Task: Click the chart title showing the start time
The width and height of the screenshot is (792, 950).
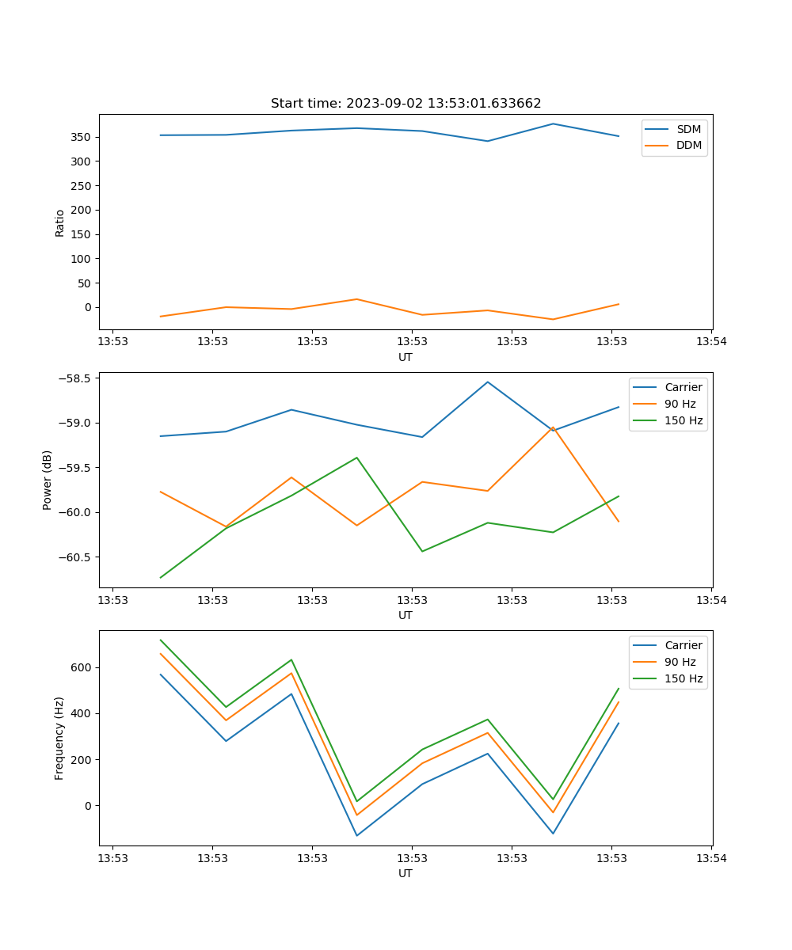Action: [406, 104]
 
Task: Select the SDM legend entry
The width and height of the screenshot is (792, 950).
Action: [688, 129]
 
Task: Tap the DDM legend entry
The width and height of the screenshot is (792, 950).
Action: [688, 146]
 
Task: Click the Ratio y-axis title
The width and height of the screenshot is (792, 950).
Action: [60, 222]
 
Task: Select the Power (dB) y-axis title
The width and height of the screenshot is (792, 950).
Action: [48, 480]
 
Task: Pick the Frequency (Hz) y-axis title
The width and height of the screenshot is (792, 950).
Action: [59, 738]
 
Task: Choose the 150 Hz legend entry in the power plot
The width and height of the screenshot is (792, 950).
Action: [683, 420]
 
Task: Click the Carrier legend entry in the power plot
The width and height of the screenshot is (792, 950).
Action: [683, 387]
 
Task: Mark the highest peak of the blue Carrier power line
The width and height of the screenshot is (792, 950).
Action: [488, 382]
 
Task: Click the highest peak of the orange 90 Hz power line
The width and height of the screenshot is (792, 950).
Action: [553, 427]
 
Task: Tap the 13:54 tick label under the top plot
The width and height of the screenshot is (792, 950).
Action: [711, 343]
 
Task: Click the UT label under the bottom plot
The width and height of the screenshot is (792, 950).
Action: [406, 873]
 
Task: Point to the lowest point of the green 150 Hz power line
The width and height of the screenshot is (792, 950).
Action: [161, 577]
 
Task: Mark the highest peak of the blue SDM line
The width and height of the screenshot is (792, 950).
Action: [553, 123]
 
